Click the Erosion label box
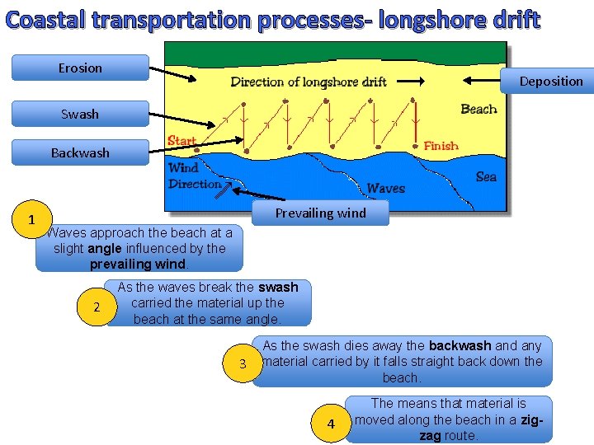pyautogui.click(x=80, y=68)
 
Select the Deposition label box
pyautogui.click(x=550, y=81)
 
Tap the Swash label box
pyautogui.click(x=80, y=114)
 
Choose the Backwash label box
pyautogui.click(x=80, y=152)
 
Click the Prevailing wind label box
pyautogui.click(x=320, y=213)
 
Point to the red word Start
pyautogui.click(x=181, y=141)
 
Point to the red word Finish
pyautogui.click(x=441, y=146)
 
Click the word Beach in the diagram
pyautogui.click(x=478, y=109)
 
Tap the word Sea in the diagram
pyautogui.click(x=486, y=176)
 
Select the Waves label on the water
pyautogui.click(x=385, y=188)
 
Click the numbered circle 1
pyautogui.click(x=31, y=220)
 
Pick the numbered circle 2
pyautogui.click(x=97, y=307)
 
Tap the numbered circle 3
pyautogui.click(x=243, y=364)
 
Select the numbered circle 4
pyautogui.click(x=332, y=424)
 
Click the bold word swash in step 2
pyautogui.click(x=278, y=288)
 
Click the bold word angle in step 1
pyautogui.click(x=106, y=248)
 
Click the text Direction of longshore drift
pyautogui.click(x=309, y=82)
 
